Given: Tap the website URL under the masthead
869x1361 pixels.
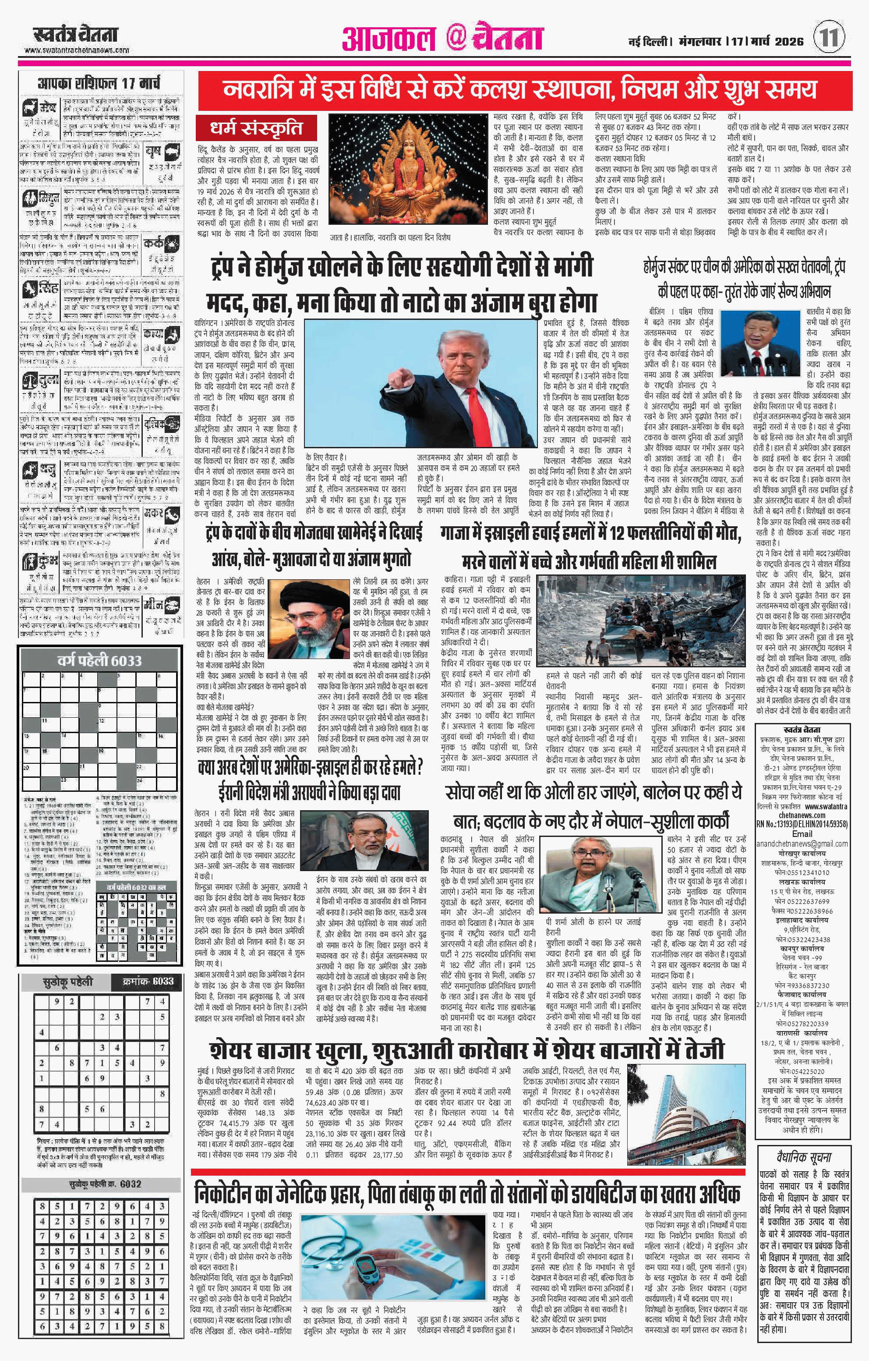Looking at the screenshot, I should pyautogui.click(x=77, y=50).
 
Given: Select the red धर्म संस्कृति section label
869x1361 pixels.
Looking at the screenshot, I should pyautogui.click(x=257, y=128).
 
